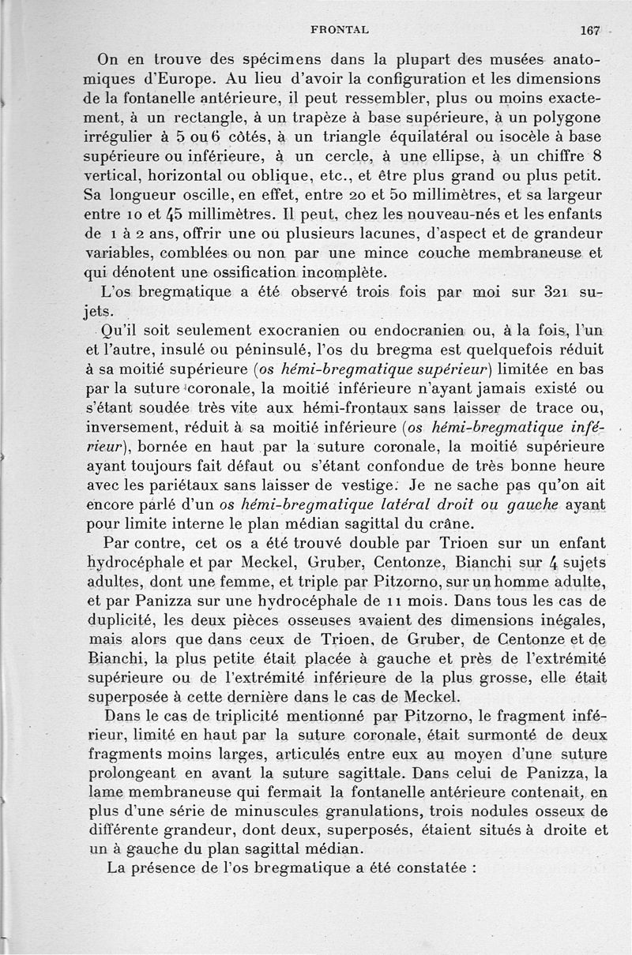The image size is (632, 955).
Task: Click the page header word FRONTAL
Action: click(x=339, y=29)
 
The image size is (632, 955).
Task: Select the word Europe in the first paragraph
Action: click(x=186, y=80)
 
